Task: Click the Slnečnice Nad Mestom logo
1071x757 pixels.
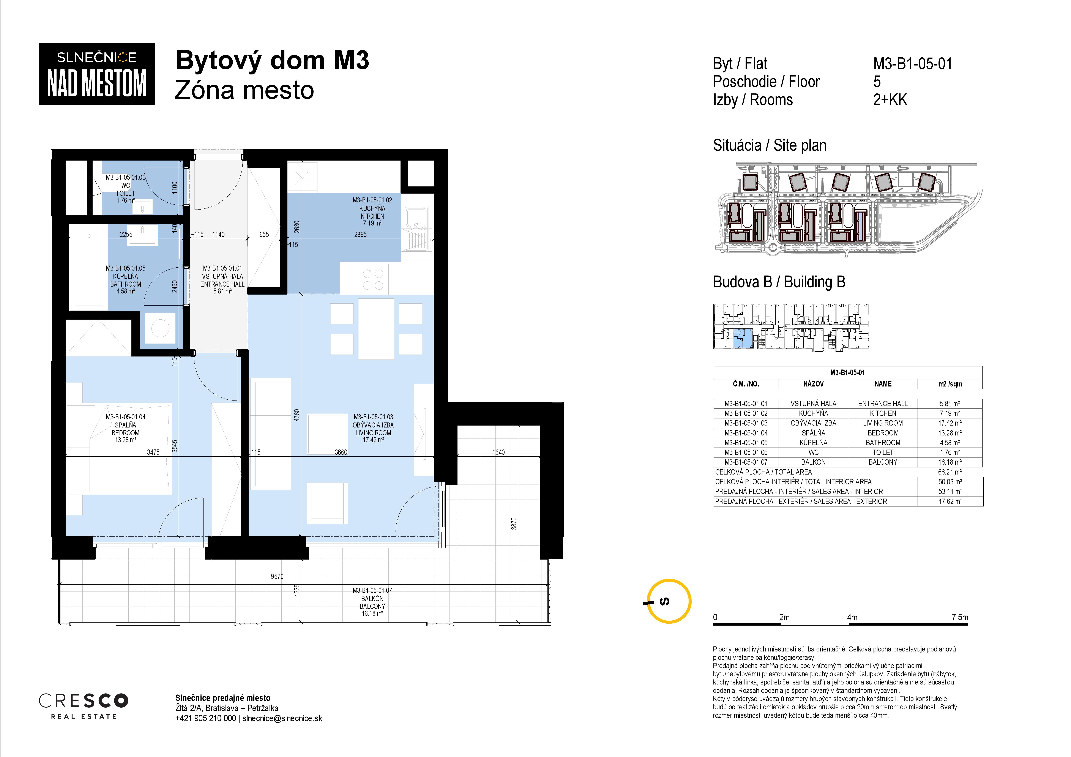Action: [96, 74]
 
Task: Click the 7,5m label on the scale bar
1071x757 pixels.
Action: [959, 617]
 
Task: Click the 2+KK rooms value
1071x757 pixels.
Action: [890, 100]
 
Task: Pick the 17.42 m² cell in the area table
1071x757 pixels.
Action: [950, 423]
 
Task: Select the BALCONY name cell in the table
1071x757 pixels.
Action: [883, 462]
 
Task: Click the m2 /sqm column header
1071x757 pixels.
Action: [950, 384]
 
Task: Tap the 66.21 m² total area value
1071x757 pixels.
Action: [950, 472]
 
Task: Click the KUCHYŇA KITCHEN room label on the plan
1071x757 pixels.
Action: [372, 212]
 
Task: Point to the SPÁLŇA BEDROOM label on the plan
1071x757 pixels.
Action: [125, 429]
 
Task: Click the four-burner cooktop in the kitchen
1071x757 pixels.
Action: [373, 279]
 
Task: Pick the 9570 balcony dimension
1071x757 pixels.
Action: [277, 577]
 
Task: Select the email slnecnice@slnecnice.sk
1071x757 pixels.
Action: [282, 718]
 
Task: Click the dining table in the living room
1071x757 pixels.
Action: [376, 329]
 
